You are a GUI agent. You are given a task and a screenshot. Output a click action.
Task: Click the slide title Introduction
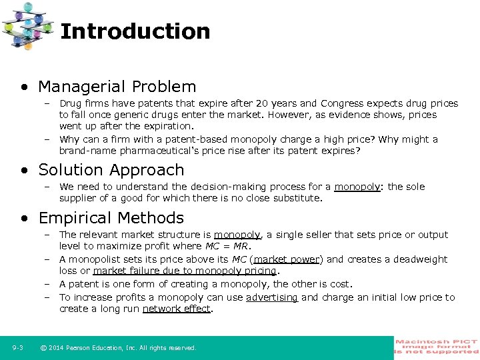135,31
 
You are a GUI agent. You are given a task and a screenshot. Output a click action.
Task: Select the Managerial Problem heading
117,87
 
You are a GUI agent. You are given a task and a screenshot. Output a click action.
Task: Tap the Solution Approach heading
111,170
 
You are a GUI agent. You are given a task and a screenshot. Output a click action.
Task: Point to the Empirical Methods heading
111,218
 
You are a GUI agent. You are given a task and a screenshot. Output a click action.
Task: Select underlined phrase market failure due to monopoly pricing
185,271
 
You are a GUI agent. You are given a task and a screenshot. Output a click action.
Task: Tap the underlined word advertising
271,297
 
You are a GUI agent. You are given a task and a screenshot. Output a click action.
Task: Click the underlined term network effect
177,309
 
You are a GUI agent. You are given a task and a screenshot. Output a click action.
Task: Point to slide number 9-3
18,348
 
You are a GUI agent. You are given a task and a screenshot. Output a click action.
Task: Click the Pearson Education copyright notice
118,348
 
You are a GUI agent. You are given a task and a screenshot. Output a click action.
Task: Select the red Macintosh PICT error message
437,347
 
